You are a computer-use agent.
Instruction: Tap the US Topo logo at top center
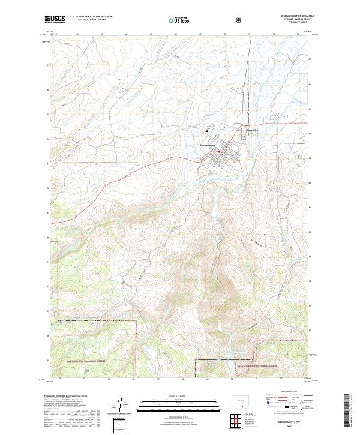pos(179,20)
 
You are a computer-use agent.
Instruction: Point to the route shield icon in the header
pos(240,20)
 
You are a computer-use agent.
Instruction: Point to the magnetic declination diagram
pos(121,404)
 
